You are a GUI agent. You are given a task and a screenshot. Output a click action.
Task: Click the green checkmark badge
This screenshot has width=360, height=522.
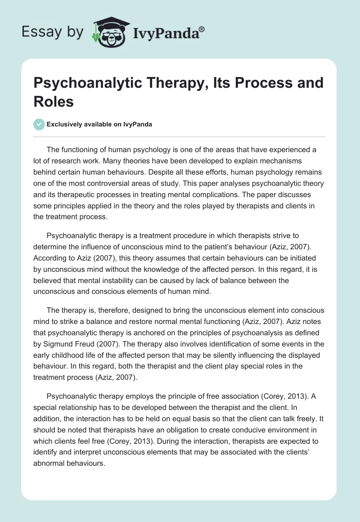tap(39, 124)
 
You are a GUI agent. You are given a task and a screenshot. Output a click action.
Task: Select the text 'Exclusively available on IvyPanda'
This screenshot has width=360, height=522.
tap(99, 124)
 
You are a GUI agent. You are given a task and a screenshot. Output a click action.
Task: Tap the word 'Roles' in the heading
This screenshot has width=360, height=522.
tap(54, 101)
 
